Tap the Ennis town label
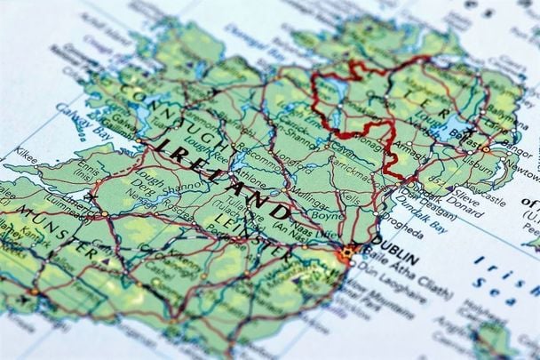pos(87,166)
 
